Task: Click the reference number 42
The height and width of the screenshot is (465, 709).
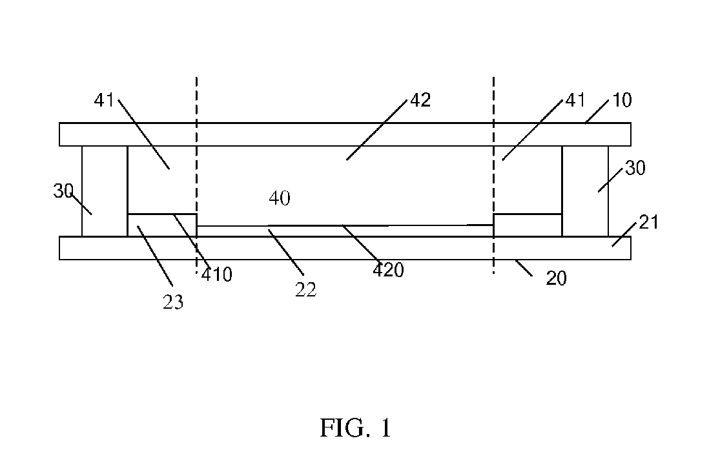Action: pos(420,100)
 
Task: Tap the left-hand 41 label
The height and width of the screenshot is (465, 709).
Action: pos(104,100)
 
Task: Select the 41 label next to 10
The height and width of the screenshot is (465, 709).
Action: pos(575,100)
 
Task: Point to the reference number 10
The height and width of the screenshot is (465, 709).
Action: pos(622,100)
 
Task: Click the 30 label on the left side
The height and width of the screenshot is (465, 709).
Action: pos(63,191)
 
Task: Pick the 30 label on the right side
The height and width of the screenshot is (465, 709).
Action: pos(635,169)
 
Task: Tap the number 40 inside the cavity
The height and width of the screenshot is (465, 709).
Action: pos(280,198)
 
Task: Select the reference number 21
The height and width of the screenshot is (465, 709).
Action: pos(649,223)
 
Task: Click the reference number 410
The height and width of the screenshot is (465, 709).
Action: pos(217,274)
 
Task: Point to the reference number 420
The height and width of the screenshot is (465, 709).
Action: pos(389,270)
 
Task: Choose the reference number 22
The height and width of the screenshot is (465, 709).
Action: pos(305,290)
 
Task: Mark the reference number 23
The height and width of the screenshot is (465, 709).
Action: pos(173,302)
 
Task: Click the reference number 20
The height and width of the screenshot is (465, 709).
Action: pos(556,278)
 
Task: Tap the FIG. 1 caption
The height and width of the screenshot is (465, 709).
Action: pos(355,428)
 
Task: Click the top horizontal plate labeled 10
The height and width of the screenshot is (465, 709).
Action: pos(345,134)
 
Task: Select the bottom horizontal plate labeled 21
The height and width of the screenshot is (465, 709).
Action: pos(345,248)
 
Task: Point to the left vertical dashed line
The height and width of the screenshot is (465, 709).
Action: pos(197,176)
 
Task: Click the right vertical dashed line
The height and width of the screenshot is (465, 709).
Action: pos(493,176)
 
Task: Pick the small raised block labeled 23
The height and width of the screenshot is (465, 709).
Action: pos(162,225)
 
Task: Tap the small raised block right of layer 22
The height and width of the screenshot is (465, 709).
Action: pos(528,225)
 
